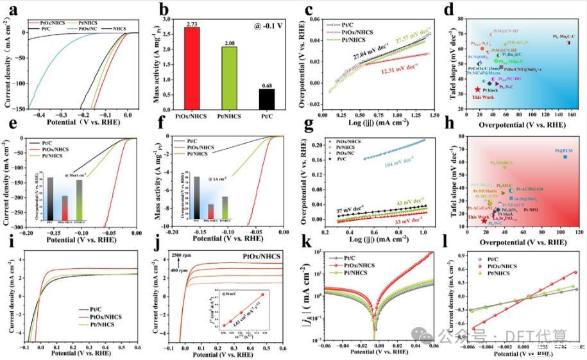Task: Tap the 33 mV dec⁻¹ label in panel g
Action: point(409,220)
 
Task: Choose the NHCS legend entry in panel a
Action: point(120,30)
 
